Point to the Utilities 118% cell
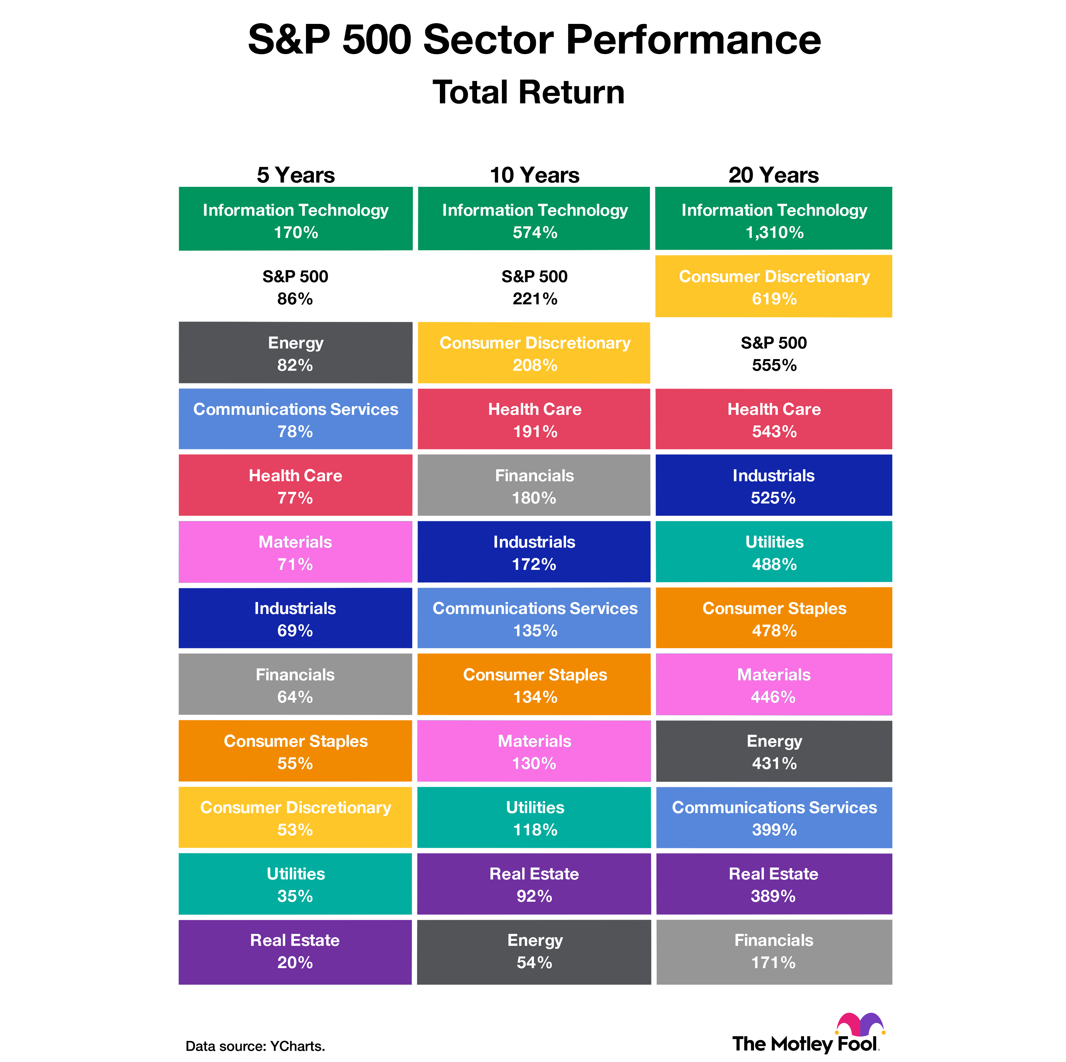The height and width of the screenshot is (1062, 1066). [534, 818]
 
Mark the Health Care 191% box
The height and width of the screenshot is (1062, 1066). [534, 419]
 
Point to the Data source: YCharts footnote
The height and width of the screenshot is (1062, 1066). [255, 1046]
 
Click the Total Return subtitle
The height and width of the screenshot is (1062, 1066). [528, 92]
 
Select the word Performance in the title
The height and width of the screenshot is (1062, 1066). [693, 40]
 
